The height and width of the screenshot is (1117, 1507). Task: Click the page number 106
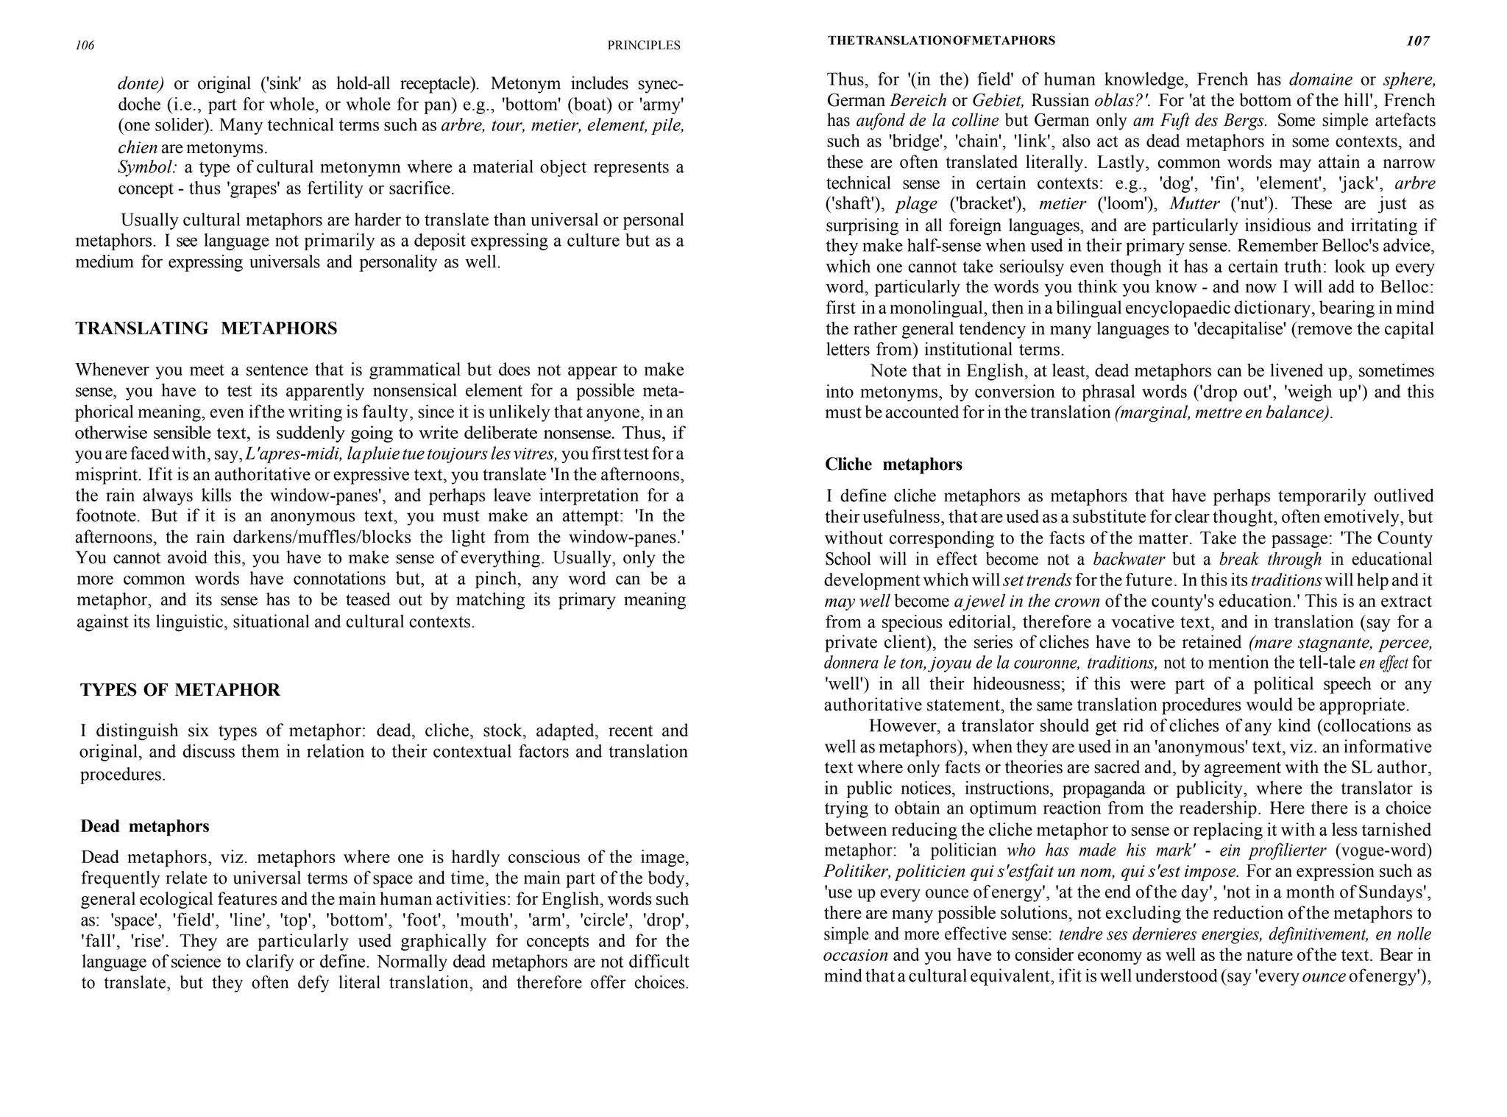point(85,46)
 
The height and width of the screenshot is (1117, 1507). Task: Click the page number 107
point(1417,41)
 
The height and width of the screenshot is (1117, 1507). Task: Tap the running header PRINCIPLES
point(643,46)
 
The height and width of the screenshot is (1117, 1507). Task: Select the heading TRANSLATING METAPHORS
point(206,328)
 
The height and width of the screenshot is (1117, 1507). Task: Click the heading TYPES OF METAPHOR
point(180,690)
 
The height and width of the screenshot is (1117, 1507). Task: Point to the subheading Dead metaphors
point(144,826)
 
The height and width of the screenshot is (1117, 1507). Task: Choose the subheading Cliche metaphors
point(893,464)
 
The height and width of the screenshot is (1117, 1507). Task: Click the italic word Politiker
point(857,872)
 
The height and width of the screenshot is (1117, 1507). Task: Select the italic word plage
point(916,204)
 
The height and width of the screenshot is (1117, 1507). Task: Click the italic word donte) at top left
point(141,83)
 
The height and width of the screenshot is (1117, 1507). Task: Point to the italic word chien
point(137,147)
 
